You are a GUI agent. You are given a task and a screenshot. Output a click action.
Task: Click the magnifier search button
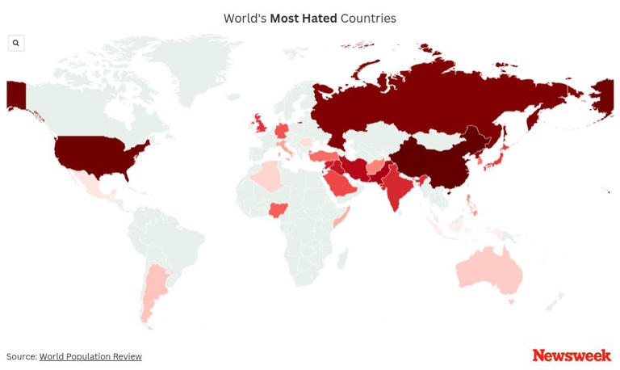[x=16, y=43]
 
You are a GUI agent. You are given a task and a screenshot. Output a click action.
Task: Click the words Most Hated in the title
[x=304, y=19]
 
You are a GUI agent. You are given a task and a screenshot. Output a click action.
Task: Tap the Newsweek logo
[x=572, y=355]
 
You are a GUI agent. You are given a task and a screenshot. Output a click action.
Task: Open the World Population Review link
[x=90, y=357]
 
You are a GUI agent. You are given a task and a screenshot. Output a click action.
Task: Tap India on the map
[x=396, y=187]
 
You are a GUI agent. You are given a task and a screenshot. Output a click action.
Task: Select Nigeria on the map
[x=279, y=210]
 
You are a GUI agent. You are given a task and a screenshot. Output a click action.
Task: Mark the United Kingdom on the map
[x=260, y=124]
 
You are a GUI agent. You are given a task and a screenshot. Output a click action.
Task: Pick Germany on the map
[x=281, y=131]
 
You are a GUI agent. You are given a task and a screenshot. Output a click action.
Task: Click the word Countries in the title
[x=368, y=19]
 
